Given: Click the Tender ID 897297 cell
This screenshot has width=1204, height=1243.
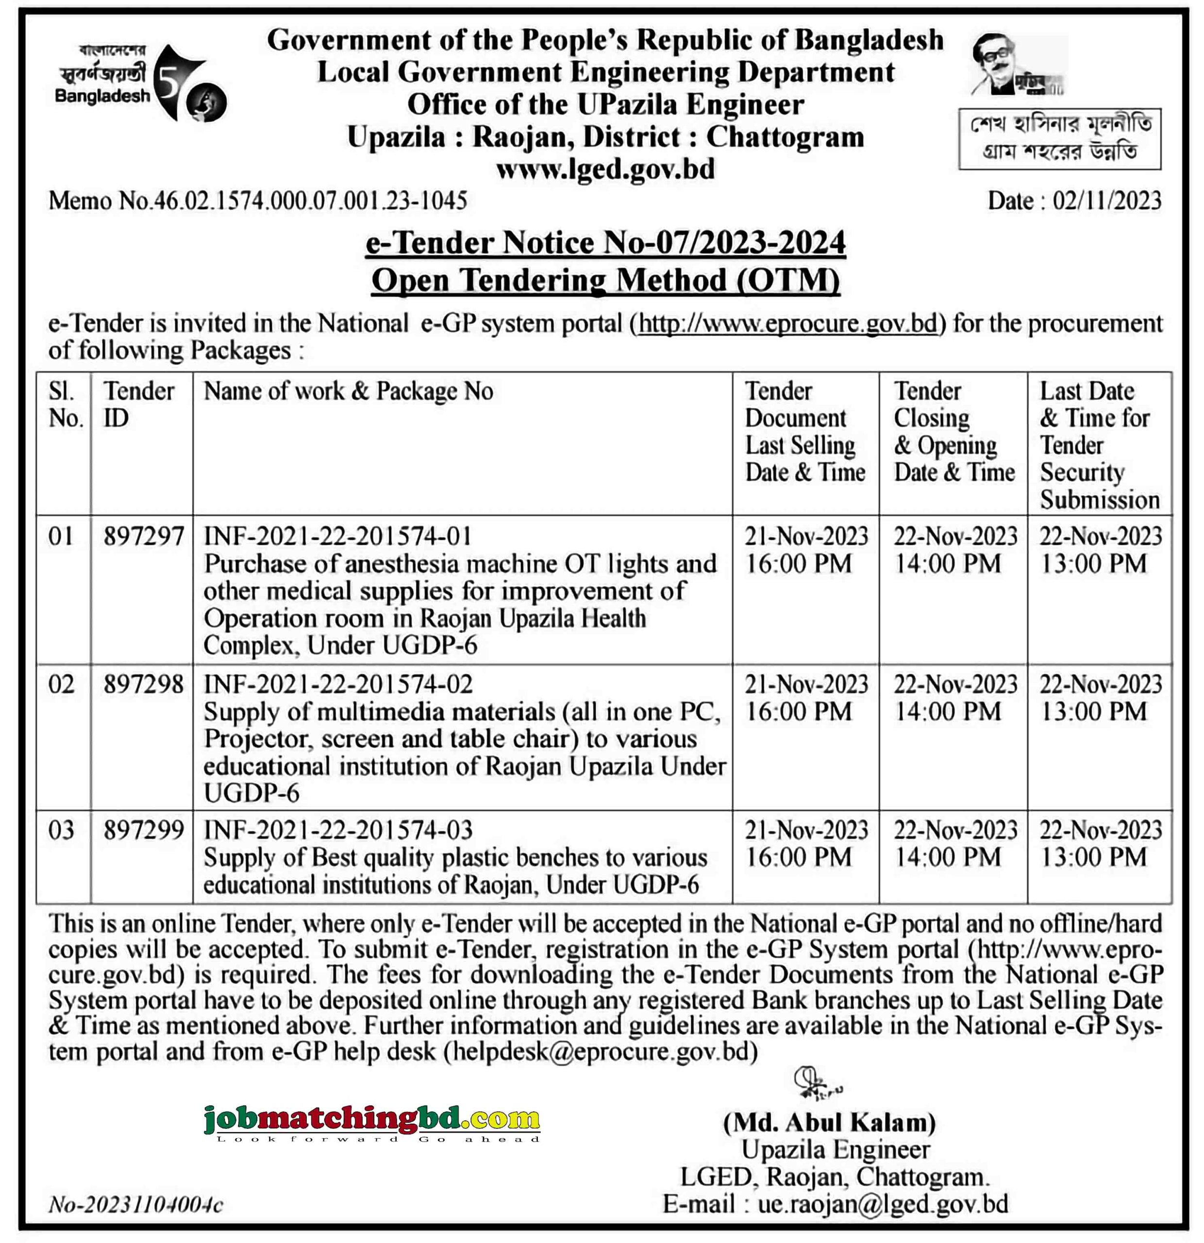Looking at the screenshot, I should [x=143, y=537].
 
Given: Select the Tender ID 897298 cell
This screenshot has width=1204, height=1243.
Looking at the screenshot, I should [x=143, y=684].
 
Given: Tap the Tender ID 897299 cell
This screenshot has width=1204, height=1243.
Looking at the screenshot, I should [x=143, y=830].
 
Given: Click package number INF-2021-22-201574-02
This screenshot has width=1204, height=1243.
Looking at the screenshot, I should [x=338, y=684].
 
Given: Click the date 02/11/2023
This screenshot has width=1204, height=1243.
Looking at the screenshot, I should [x=1106, y=201].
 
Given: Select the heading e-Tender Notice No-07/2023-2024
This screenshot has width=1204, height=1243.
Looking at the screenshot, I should [x=605, y=243].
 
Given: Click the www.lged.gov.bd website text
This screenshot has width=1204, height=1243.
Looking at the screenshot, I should [x=605, y=169].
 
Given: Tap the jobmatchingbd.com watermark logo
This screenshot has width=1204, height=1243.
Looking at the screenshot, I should [x=371, y=1120].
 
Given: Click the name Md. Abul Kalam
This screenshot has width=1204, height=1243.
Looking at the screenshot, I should [x=829, y=1123].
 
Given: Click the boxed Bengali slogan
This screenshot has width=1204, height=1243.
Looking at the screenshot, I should [x=1059, y=138].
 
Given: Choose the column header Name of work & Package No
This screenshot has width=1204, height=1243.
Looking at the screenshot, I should [x=348, y=391].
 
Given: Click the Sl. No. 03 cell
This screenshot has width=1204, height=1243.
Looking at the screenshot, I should [x=62, y=830].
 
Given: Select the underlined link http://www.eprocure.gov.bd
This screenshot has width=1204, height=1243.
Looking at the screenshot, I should [x=787, y=323].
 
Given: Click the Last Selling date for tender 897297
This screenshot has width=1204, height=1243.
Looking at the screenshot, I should [x=805, y=549].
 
